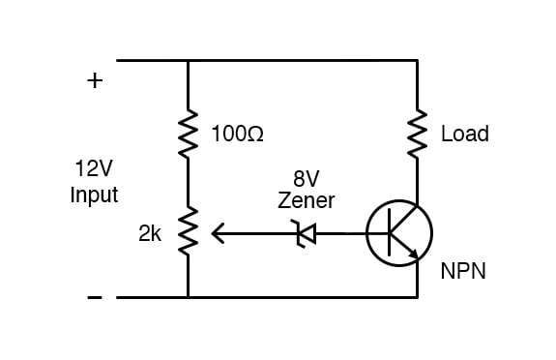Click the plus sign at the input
click(94, 81)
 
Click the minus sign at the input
click(94, 297)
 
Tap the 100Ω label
click(236, 134)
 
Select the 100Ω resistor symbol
click(188, 134)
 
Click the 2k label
click(150, 233)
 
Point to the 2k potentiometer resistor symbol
click(188, 233)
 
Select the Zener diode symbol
click(307, 233)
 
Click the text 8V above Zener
click(306, 179)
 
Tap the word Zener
click(306, 201)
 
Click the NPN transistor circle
click(399, 233)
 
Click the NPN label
click(463, 273)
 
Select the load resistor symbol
click(418, 134)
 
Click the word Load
click(464, 134)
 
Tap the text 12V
click(94, 169)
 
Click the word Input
click(94, 195)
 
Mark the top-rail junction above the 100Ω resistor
click(188, 60)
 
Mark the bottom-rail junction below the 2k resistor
click(188, 297)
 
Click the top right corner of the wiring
click(418, 60)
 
